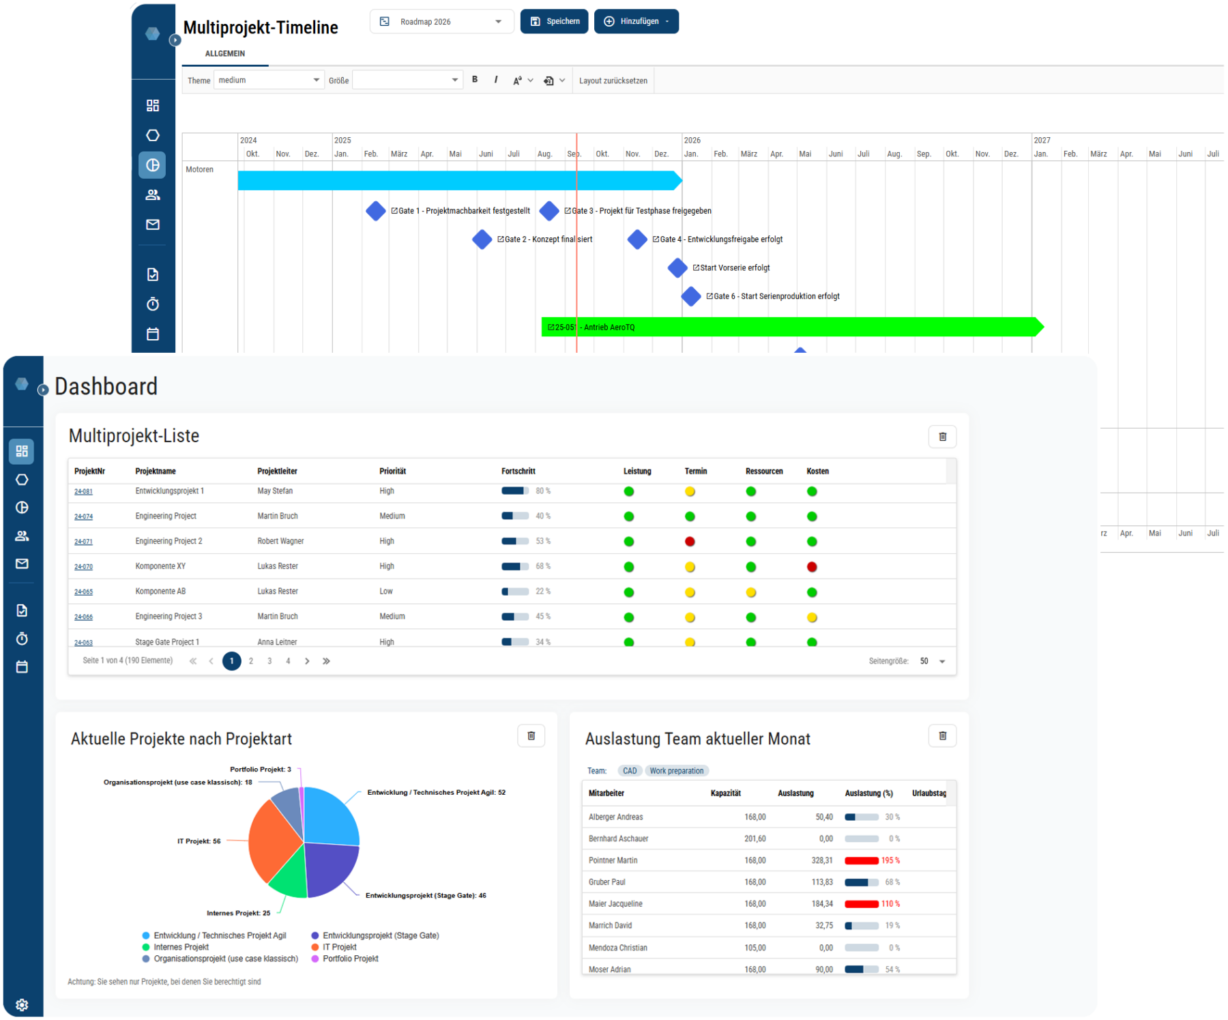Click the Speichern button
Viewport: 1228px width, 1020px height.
(554, 21)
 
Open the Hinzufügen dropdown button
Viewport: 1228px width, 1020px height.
(636, 21)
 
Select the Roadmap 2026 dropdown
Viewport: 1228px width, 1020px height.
(441, 22)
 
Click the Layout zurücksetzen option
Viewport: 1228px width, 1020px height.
(613, 81)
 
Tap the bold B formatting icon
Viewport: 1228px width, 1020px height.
(475, 80)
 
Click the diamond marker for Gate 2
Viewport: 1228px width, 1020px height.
(482, 239)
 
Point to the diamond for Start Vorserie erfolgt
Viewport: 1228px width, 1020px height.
(677, 267)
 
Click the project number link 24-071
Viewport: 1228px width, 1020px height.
(83, 542)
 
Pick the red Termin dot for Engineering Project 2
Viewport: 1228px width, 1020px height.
(690, 542)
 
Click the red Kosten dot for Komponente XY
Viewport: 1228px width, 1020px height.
(812, 567)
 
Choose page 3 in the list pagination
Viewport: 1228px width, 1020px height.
(269, 661)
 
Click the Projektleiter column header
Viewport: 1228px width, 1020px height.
(277, 471)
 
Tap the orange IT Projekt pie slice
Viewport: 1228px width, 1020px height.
(273, 843)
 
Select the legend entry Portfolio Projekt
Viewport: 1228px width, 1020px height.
(350, 959)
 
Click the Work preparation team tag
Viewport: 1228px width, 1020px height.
(676, 771)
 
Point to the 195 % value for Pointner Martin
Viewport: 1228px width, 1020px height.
(890, 860)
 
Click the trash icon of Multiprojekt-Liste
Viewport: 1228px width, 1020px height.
(942, 437)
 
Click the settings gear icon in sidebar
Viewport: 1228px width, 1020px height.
(22, 1004)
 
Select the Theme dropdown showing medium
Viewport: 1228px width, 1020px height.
(269, 81)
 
